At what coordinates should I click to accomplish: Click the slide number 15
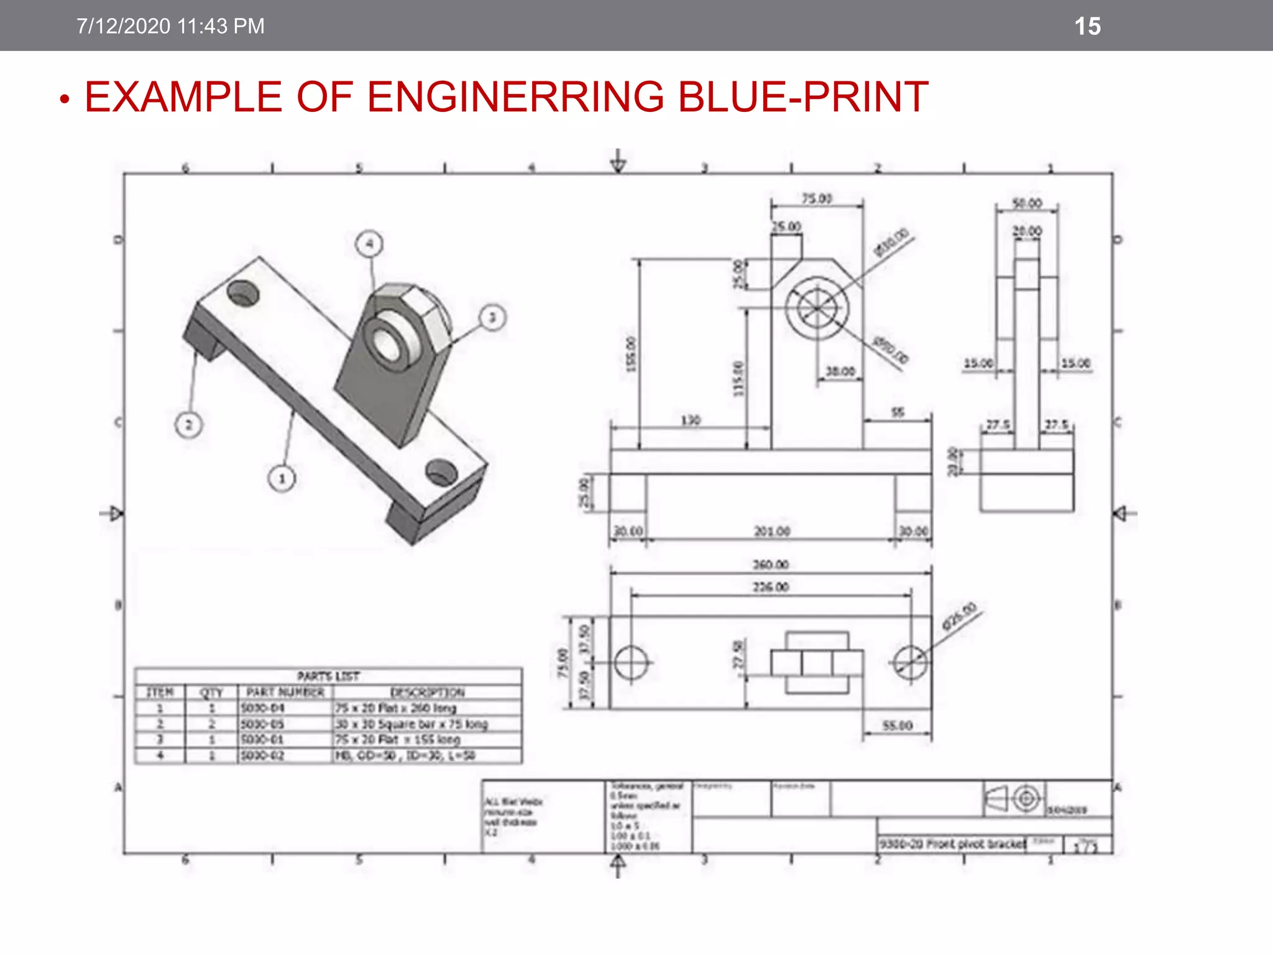1087,27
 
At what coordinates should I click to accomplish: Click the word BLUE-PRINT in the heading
802,97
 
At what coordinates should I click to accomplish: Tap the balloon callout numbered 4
369,244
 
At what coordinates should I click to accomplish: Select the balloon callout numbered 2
189,425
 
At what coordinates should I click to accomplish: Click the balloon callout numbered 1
282,479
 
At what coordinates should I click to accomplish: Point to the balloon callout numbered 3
492,318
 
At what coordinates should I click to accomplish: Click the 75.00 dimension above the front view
816,198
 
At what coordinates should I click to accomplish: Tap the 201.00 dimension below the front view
771,532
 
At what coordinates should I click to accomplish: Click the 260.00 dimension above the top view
771,565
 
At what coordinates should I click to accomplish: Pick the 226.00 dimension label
771,587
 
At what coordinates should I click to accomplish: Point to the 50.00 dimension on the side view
1027,203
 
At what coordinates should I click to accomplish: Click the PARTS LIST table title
328,676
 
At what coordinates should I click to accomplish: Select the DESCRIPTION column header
427,692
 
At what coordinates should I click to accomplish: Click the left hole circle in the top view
631,663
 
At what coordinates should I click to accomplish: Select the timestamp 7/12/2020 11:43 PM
170,26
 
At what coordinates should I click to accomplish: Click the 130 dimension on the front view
691,420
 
